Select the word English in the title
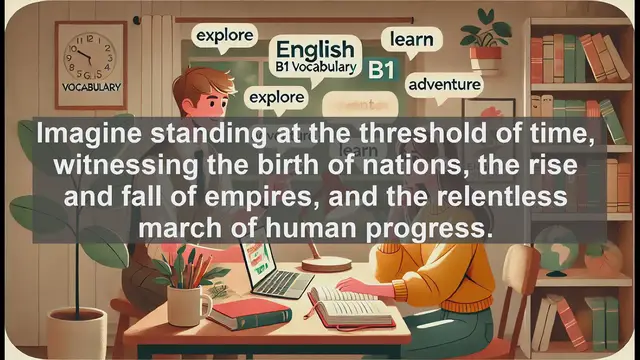pyautogui.click(x=314, y=49)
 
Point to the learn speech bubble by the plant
pyautogui.click(x=410, y=40)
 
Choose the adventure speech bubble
pyautogui.click(x=443, y=83)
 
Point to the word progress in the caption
pyautogui.click(x=430, y=228)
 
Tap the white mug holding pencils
pyautogui.click(x=188, y=303)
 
